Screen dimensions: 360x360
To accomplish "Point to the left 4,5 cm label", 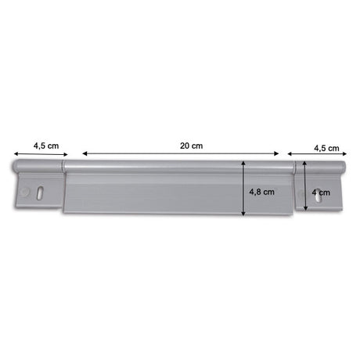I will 45,145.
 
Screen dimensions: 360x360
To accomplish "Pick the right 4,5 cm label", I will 326,147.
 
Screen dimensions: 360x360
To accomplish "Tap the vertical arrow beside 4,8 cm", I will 245,187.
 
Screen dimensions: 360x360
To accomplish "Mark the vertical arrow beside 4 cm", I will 303,187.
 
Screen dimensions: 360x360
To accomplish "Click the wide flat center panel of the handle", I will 157,196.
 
